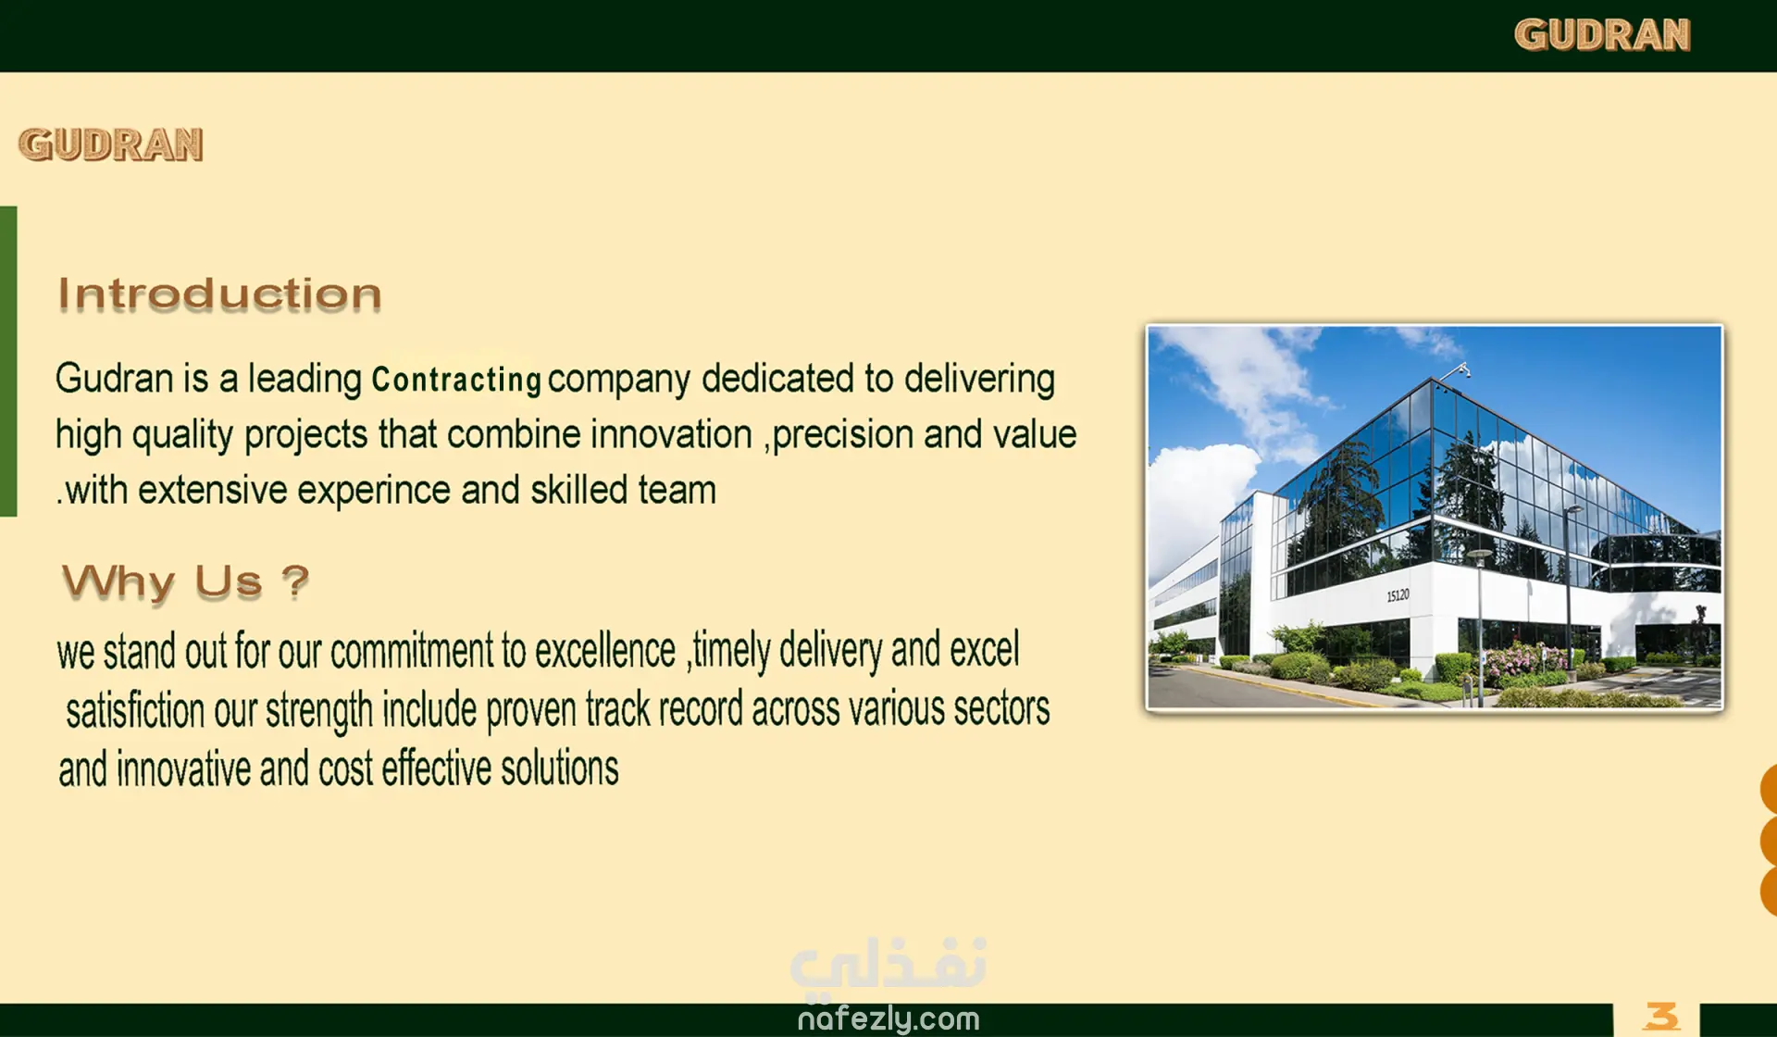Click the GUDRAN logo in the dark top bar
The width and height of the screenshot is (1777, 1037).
click(1602, 35)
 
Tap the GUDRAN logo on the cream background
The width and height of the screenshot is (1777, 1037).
click(111, 144)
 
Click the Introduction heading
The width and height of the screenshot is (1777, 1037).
click(219, 294)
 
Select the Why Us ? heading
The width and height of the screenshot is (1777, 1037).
click(185, 582)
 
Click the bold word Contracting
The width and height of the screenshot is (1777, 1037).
click(456, 380)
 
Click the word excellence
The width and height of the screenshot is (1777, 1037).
click(605, 650)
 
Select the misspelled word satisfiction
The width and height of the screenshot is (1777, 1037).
click(135, 710)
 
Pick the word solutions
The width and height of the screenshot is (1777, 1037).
click(560, 768)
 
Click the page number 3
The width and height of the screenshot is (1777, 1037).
click(1661, 1017)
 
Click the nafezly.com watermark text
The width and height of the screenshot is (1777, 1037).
click(888, 1019)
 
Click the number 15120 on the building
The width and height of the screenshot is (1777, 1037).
click(1398, 595)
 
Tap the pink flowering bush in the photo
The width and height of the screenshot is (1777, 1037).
click(1524, 659)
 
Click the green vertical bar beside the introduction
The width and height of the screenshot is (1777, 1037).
click(8, 361)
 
